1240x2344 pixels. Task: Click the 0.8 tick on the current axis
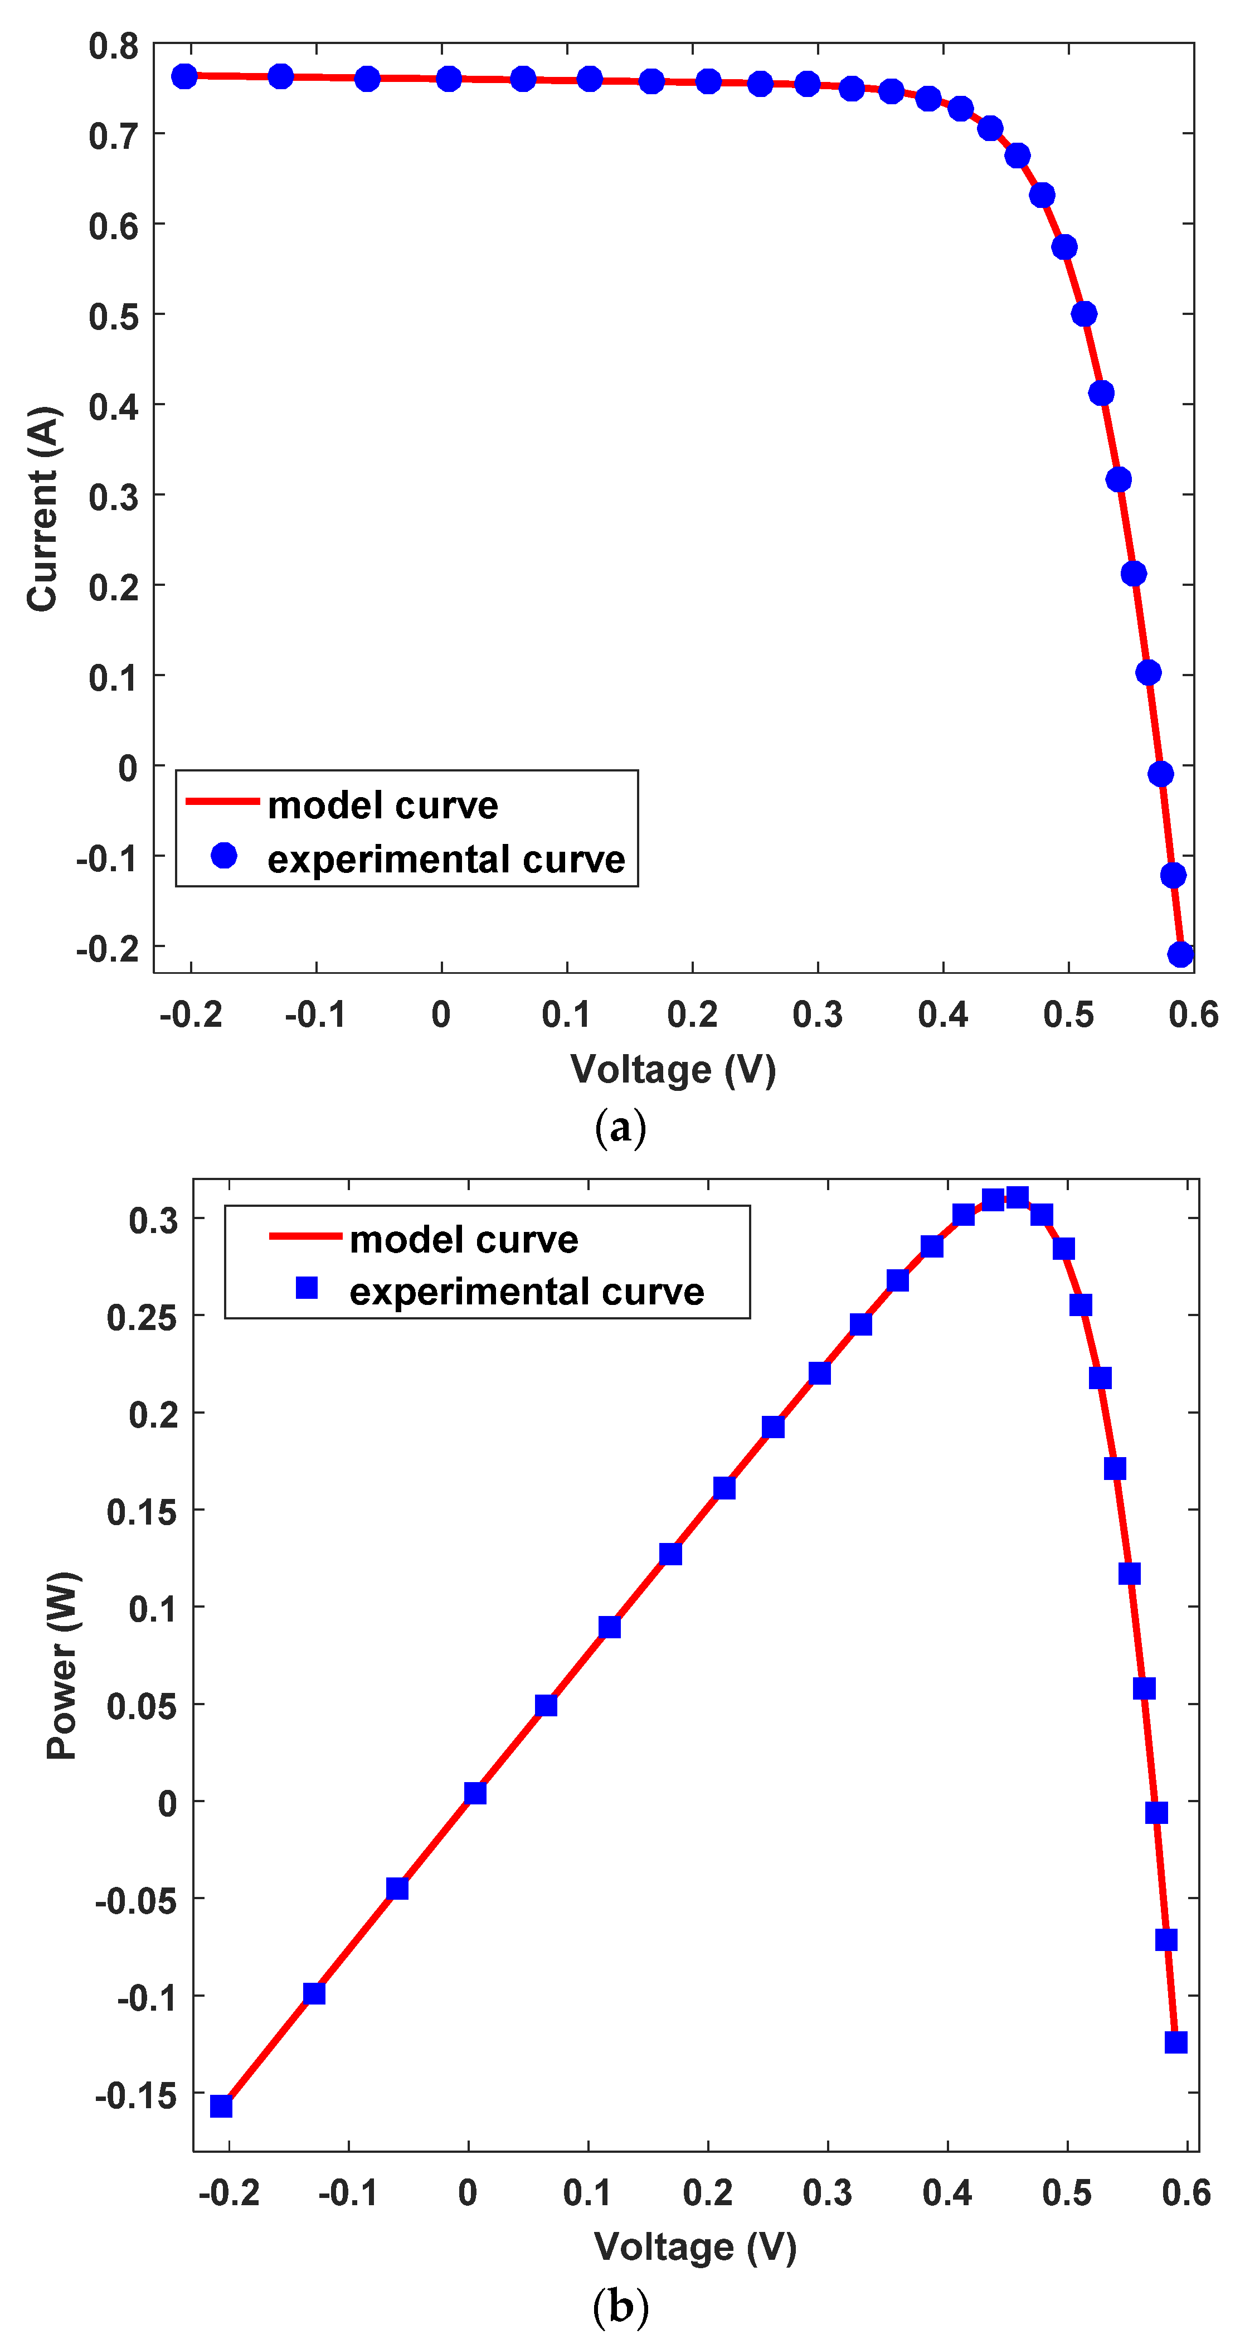(114, 46)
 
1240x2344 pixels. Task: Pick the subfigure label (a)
(620, 1128)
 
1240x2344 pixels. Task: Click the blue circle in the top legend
(224, 855)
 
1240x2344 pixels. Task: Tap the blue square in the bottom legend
(308, 1288)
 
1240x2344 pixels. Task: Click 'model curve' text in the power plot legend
(464, 1239)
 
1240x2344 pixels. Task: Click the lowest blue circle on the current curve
(1180, 954)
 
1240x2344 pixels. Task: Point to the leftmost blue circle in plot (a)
(184, 76)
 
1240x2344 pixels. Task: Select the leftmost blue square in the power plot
(221, 2107)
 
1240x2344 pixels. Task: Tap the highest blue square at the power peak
(1017, 1197)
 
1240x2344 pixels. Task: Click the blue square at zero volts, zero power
(475, 1793)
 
